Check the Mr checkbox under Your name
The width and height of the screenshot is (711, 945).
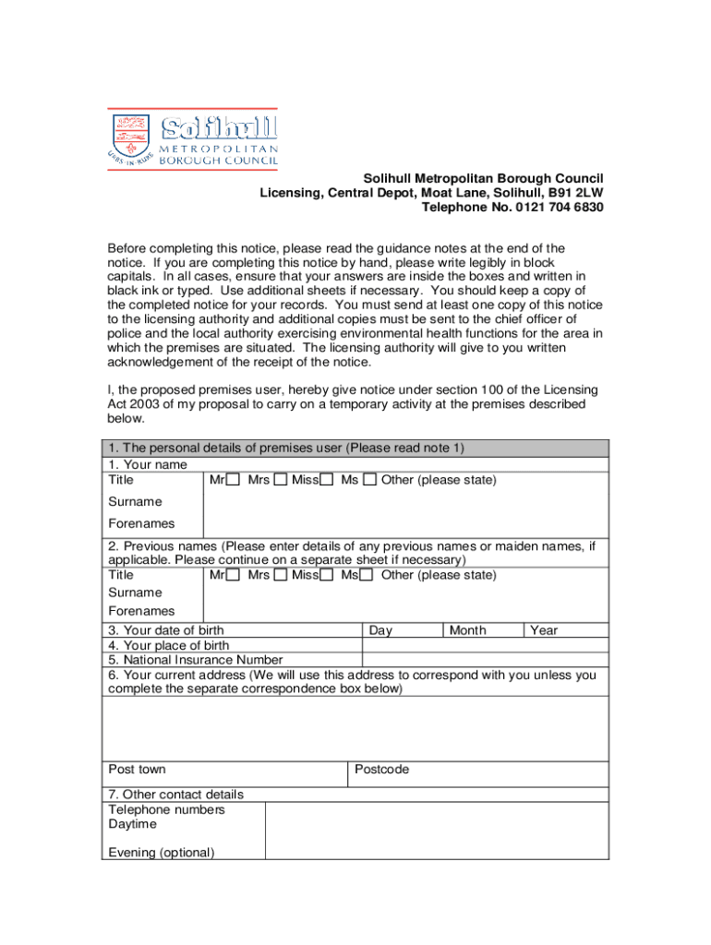pos(234,480)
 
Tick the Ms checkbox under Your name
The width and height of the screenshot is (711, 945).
pos(369,480)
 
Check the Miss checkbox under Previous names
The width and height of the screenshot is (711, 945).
pos(327,576)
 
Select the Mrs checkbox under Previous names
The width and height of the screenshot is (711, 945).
pos(281,576)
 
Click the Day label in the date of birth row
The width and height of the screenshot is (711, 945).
pos(380,630)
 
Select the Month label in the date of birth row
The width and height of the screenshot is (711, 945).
pos(467,630)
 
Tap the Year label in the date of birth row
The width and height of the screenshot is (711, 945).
pos(544,630)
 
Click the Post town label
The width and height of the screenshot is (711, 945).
pos(137,769)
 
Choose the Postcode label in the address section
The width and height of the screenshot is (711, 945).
pos(381,769)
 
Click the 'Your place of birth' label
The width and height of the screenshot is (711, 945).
pos(169,645)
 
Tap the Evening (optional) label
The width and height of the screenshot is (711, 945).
pos(162,852)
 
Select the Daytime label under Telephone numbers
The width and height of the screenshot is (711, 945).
pos(133,824)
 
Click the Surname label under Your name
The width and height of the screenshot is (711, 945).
pos(135,502)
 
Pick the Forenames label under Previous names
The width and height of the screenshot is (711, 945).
pos(141,611)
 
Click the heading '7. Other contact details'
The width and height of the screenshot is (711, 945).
pos(176,795)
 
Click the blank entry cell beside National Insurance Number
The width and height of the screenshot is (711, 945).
pos(485,660)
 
